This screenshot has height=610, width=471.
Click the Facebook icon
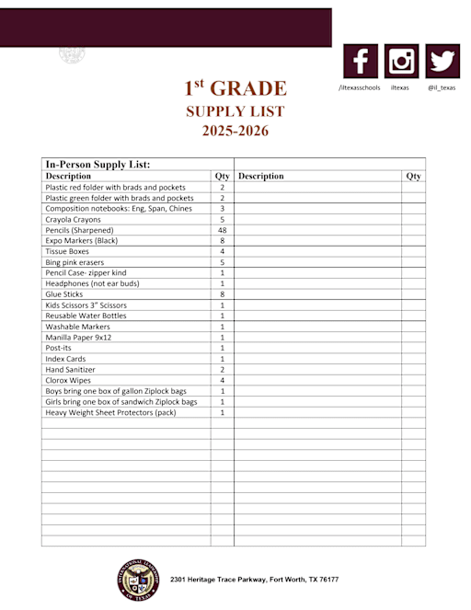361,62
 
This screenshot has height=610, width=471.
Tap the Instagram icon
401,62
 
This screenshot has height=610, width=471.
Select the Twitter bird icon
442,62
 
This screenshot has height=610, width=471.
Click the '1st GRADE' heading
235,88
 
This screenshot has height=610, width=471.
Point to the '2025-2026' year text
235,132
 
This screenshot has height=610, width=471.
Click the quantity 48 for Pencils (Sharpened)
223,230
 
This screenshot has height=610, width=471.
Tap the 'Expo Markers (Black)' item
84,240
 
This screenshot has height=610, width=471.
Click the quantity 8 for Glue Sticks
223,294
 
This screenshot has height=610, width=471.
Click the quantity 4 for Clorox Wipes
223,380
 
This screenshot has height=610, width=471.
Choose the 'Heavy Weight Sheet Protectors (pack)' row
110,412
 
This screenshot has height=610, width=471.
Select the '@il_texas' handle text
441,87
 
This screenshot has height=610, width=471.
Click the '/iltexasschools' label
359,87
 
